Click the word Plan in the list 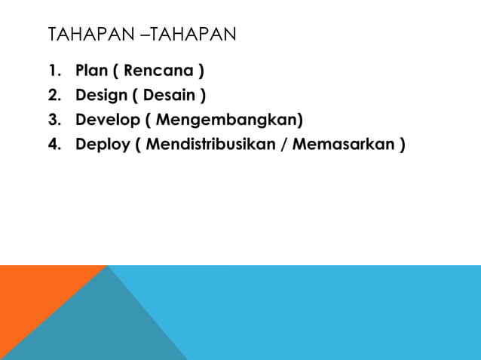point(91,72)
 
